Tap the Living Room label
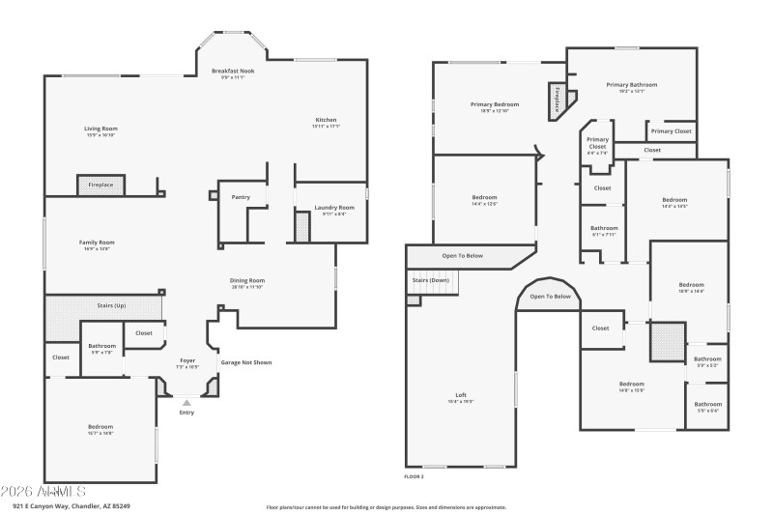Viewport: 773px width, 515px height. (x=100, y=129)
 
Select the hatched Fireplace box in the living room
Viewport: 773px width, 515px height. (x=101, y=185)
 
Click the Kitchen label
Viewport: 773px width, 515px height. (x=326, y=120)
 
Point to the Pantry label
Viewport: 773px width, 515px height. (x=241, y=197)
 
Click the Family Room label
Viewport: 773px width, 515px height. (x=97, y=243)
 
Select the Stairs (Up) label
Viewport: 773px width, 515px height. (x=111, y=305)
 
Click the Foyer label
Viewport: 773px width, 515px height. (x=187, y=360)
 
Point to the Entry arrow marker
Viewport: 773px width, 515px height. (x=186, y=402)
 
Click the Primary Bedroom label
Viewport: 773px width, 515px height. (x=495, y=104)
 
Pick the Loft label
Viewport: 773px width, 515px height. (x=461, y=394)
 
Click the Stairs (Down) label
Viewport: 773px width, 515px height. (x=431, y=280)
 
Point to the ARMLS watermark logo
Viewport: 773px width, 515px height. (x=44, y=492)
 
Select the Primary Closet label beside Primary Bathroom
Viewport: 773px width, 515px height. (x=671, y=131)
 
